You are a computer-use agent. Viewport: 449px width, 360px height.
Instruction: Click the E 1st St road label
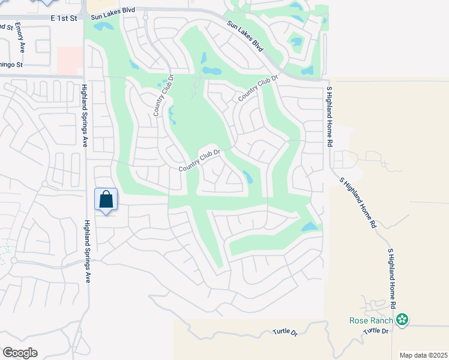coord(64,19)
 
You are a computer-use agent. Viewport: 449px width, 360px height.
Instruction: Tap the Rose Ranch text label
coord(372,320)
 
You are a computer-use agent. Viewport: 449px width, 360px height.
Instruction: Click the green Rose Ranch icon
coord(403,320)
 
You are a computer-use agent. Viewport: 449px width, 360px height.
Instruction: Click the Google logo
coord(20,353)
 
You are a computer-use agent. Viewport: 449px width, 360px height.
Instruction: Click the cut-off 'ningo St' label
coord(11,64)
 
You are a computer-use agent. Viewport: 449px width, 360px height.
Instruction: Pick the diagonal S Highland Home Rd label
coord(358,202)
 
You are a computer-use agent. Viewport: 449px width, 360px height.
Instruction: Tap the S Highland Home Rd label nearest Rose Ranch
coord(393,279)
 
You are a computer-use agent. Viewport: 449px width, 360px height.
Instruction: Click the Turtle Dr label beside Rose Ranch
coord(376,331)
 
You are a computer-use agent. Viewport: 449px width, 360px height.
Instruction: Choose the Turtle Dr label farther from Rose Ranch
coord(285,332)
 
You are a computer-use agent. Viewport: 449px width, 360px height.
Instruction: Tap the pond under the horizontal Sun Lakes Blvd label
coord(103,27)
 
